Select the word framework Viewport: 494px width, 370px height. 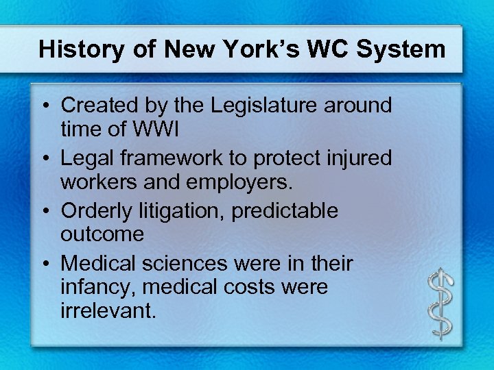coord(174,158)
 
